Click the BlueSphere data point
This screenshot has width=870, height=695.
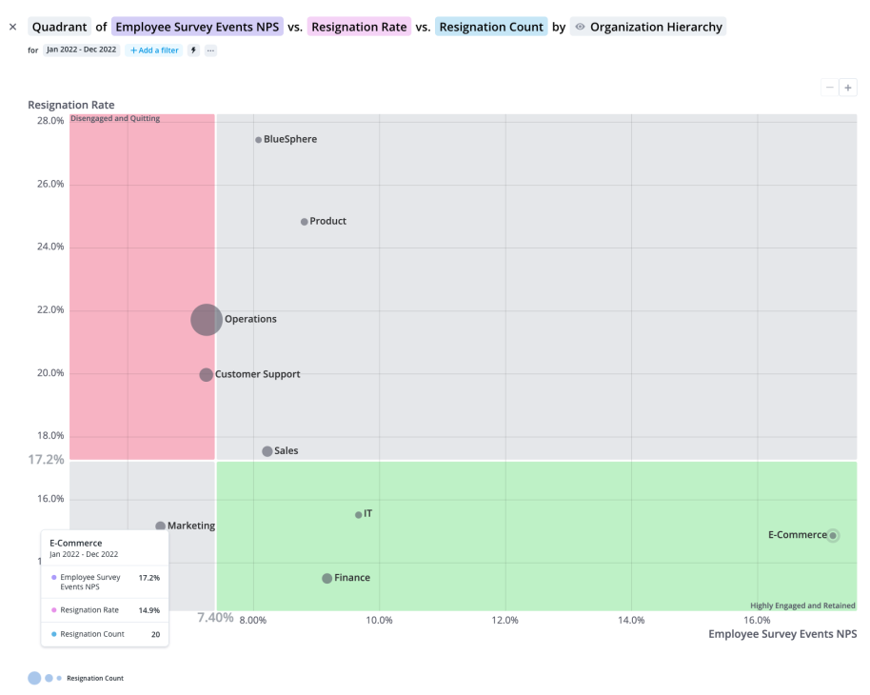pos(258,140)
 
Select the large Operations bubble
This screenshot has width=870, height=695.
pos(207,320)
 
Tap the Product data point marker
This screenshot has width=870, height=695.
pos(305,222)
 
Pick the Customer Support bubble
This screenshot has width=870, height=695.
pos(207,375)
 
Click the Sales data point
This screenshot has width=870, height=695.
pos(267,451)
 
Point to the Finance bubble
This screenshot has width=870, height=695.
pos(327,579)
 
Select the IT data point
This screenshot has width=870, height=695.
pos(359,515)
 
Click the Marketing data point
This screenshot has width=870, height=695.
pos(161,526)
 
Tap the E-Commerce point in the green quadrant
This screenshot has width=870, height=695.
pos(833,536)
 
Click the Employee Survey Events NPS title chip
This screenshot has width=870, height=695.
pos(197,27)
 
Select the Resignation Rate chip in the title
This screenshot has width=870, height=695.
pos(359,27)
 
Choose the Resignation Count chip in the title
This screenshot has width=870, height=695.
pos(491,27)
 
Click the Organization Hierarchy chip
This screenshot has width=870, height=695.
pos(648,27)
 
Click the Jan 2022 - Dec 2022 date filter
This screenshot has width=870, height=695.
pos(82,50)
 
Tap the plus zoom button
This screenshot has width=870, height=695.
pos(847,88)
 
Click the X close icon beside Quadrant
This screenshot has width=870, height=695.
pos(13,27)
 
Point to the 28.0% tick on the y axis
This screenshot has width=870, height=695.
pos(50,121)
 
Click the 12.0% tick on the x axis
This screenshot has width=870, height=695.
pos(504,621)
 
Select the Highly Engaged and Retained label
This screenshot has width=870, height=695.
pos(802,606)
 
